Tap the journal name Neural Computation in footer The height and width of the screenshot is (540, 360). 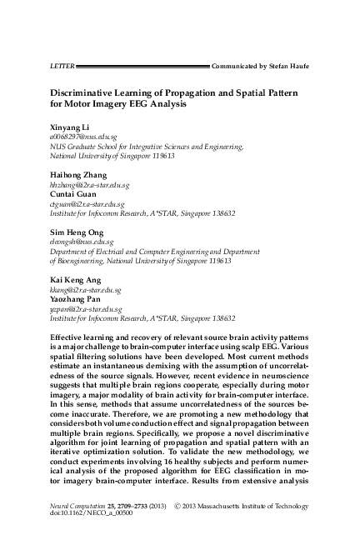point(69,507)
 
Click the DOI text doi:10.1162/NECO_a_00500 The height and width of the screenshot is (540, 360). point(77,516)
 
